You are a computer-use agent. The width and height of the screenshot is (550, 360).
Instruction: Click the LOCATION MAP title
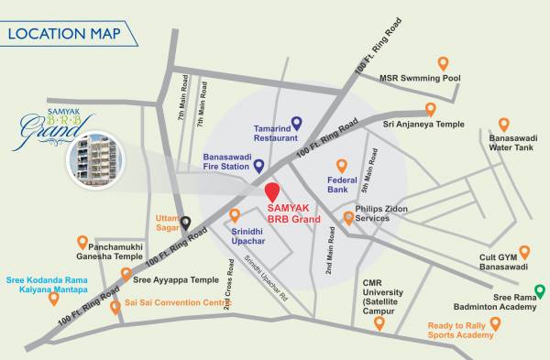(x=66, y=36)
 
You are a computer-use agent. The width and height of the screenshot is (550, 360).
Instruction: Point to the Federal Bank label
(x=342, y=187)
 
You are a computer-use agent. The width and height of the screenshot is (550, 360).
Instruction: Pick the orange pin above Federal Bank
(x=342, y=166)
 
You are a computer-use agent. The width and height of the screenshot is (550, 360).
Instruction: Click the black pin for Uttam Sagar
(x=185, y=222)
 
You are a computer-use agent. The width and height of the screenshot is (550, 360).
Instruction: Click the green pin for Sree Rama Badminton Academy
(x=540, y=293)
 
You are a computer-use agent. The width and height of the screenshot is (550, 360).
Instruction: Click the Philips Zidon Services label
(x=386, y=214)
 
